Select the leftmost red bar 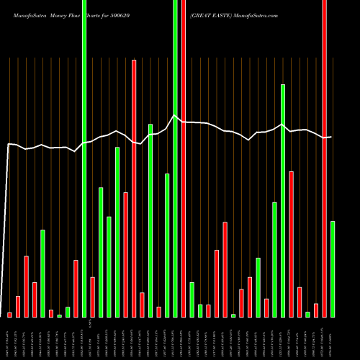[x=10, y=315]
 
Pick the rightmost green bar [x=333, y=269]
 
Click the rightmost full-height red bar [x=324, y=158]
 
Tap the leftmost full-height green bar [x=84, y=158]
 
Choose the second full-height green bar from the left [x=175, y=158]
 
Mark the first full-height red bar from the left [x=184, y=158]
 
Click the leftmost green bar [x=42, y=274]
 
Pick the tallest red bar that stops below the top [x=134, y=189]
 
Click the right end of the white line [x=331, y=137]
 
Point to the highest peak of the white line [x=174, y=115]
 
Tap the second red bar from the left [x=18, y=307]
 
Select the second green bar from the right [x=307, y=314]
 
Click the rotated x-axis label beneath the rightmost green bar [x=333, y=338]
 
